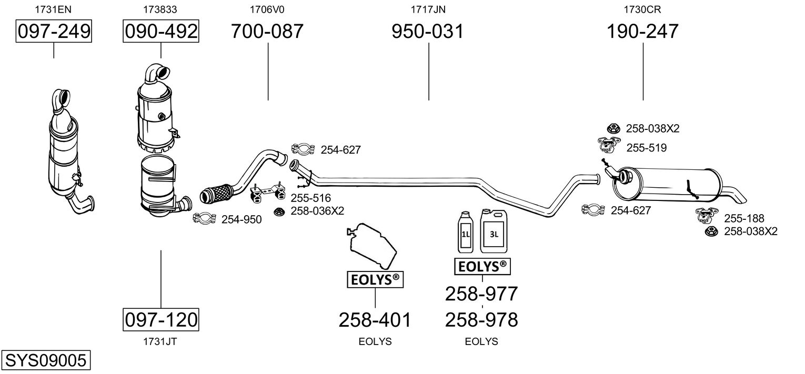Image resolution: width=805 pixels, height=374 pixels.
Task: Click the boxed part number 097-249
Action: tap(54, 32)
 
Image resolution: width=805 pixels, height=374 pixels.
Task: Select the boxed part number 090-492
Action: tap(161, 32)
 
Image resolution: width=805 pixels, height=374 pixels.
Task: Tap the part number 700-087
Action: tap(267, 32)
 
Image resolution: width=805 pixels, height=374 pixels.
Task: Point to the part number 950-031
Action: tap(428, 32)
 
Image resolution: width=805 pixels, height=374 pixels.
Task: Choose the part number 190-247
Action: tap(642, 32)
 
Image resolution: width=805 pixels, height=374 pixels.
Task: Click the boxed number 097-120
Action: tap(161, 319)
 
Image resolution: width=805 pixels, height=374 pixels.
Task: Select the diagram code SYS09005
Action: tap(45, 361)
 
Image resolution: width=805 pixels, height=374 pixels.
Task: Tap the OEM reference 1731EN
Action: tap(53, 9)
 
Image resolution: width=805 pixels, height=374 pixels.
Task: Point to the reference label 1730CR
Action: tap(642, 9)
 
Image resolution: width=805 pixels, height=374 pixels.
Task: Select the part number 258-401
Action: tap(375, 319)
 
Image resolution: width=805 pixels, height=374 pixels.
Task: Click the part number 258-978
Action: tap(481, 319)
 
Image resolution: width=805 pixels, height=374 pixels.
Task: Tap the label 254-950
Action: tap(241, 219)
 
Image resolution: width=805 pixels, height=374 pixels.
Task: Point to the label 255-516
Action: tap(310, 198)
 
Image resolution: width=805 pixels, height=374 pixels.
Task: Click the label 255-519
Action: tap(646, 148)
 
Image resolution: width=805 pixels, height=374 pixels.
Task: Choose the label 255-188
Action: tap(744, 218)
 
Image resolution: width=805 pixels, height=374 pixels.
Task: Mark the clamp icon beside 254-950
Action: tap(205, 218)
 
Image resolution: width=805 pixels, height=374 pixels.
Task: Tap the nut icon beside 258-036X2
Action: tap(279, 211)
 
